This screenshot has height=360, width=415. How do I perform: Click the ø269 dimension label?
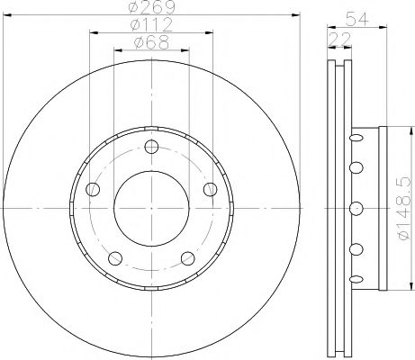point(151,7)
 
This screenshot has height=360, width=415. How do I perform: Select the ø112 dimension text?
point(151,24)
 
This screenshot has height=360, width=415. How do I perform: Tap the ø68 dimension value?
point(151,42)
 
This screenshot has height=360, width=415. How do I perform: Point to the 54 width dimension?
point(356,19)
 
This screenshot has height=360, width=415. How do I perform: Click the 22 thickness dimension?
point(340,39)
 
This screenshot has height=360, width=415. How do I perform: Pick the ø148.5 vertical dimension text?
point(403,209)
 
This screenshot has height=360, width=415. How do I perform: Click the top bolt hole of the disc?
point(151,147)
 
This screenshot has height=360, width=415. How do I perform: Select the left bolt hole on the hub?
point(93,189)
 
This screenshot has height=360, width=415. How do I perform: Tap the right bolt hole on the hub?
point(211,189)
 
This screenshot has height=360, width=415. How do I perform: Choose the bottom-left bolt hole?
point(115,258)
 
